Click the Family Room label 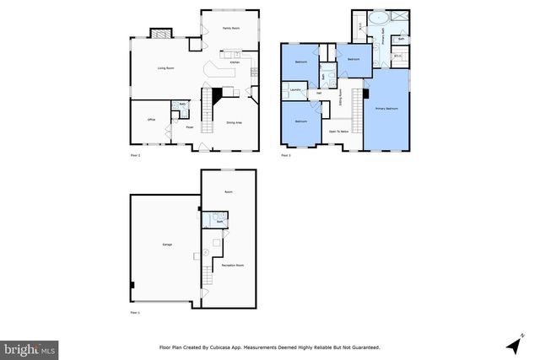(x=227, y=29)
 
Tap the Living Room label (x=165, y=68)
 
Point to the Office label (x=151, y=120)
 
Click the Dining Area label (x=235, y=122)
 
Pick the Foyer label (x=191, y=127)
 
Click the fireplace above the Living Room (x=160, y=34)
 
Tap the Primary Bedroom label (x=387, y=109)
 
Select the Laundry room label (x=296, y=89)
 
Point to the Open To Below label (x=339, y=132)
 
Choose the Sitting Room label (x=340, y=103)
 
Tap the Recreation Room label (x=233, y=266)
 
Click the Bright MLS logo (x=30, y=347)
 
